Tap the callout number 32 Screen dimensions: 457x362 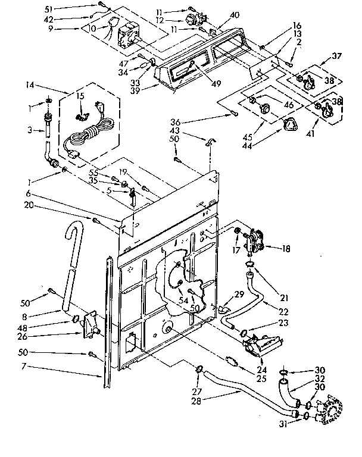click(320, 378)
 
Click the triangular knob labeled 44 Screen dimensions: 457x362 click(291, 126)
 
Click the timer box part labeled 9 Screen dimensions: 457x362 click(129, 37)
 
